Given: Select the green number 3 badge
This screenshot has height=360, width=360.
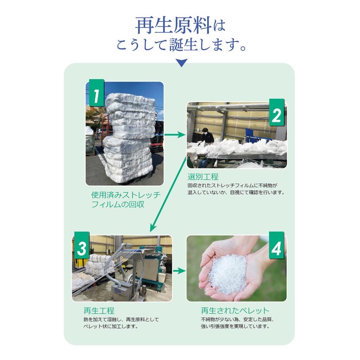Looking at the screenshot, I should pos(82,248).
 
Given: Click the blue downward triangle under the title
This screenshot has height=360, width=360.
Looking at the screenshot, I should pos(181,63).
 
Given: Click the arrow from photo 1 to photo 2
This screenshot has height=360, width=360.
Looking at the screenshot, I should pos(175,135).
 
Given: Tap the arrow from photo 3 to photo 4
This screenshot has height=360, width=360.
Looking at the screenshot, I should pos(179,271).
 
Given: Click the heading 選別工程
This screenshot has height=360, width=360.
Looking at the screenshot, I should pos(203,176).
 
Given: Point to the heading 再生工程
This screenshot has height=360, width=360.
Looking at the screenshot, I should pos(99,310).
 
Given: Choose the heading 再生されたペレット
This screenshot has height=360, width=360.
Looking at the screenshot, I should pos(235,310).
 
